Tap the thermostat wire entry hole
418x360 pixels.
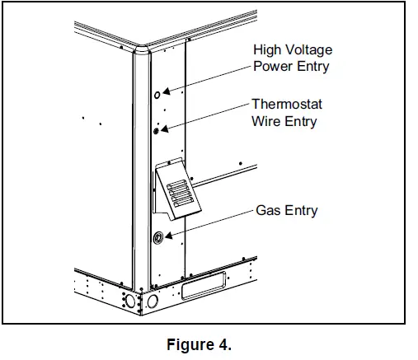click(156, 129)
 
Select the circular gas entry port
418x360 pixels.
click(157, 236)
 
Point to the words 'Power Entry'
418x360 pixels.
click(290, 67)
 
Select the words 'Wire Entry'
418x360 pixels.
click(284, 122)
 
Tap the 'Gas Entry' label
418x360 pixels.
click(289, 211)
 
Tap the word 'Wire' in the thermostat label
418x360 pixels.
click(266, 122)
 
